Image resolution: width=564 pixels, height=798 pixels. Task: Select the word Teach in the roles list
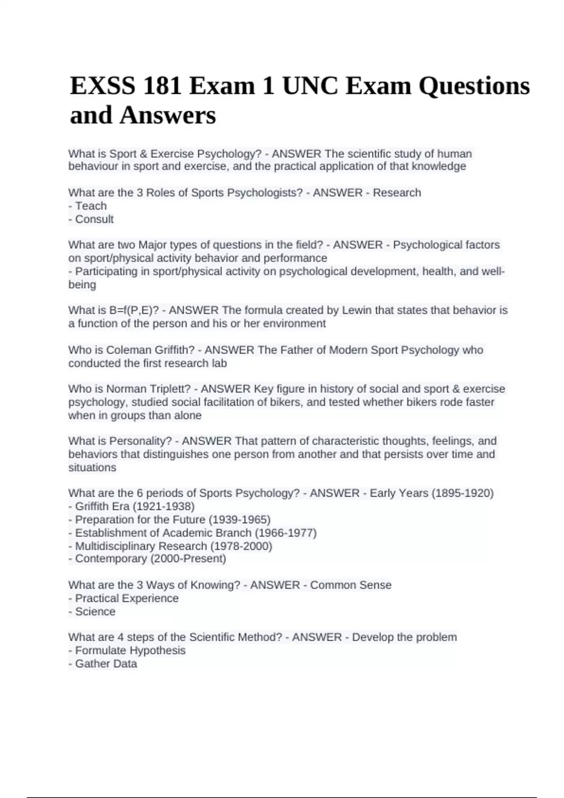pyautogui.click(x=91, y=206)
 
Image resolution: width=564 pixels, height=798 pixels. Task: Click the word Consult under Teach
pyautogui.click(x=94, y=219)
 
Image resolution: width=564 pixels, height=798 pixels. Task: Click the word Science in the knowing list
pyautogui.click(x=95, y=612)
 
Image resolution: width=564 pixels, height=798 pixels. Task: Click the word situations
pyautogui.click(x=92, y=468)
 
